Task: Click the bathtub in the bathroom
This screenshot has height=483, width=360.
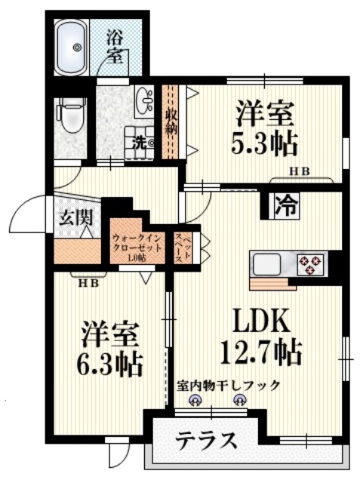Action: (x=76, y=47)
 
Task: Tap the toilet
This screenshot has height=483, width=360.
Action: (x=69, y=117)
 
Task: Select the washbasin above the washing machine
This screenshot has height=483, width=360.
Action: (x=144, y=99)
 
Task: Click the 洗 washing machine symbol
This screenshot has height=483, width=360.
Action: (x=143, y=140)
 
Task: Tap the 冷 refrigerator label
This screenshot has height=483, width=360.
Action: (x=284, y=204)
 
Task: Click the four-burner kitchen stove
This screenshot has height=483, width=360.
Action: (x=309, y=264)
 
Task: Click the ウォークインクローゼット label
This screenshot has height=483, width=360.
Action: (x=136, y=244)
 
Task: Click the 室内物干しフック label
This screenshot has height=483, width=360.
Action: (x=228, y=385)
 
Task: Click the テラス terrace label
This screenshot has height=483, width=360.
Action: (x=207, y=440)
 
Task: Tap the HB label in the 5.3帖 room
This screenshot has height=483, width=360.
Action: (x=300, y=171)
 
